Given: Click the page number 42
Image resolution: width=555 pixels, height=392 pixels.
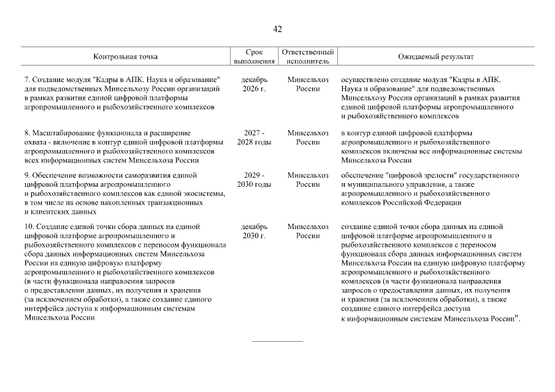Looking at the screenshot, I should click(x=277, y=29).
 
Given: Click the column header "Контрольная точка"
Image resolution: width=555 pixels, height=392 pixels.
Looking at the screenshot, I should click(x=125, y=57).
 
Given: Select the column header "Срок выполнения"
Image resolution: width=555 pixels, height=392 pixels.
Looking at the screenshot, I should click(x=254, y=57).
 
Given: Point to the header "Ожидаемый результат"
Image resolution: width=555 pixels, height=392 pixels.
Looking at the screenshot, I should click(x=436, y=57).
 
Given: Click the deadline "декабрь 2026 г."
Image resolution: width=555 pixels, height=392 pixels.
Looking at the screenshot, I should click(x=254, y=85).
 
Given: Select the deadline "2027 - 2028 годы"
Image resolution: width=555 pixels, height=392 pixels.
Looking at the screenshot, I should click(x=254, y=137).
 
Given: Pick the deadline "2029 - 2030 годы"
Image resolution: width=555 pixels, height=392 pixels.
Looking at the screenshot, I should click(x=254, y=180).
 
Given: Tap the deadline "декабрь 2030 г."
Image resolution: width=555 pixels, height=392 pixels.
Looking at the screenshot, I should click(x=254, y=232).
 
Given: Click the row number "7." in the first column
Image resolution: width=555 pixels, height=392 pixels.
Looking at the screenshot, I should click(x=27, y=80).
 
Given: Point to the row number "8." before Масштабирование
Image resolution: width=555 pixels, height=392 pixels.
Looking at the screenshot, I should click(x=27, y=133).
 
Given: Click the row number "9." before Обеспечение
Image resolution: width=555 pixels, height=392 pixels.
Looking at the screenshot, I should click(x=27, y=176).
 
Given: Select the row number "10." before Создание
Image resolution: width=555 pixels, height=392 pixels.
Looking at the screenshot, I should click(x=29, y=227).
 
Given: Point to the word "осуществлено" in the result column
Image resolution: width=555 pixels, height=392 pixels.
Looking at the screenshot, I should click(x=364, y=80).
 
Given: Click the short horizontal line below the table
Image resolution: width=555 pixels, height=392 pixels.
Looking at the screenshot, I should click(x=277, y=341).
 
